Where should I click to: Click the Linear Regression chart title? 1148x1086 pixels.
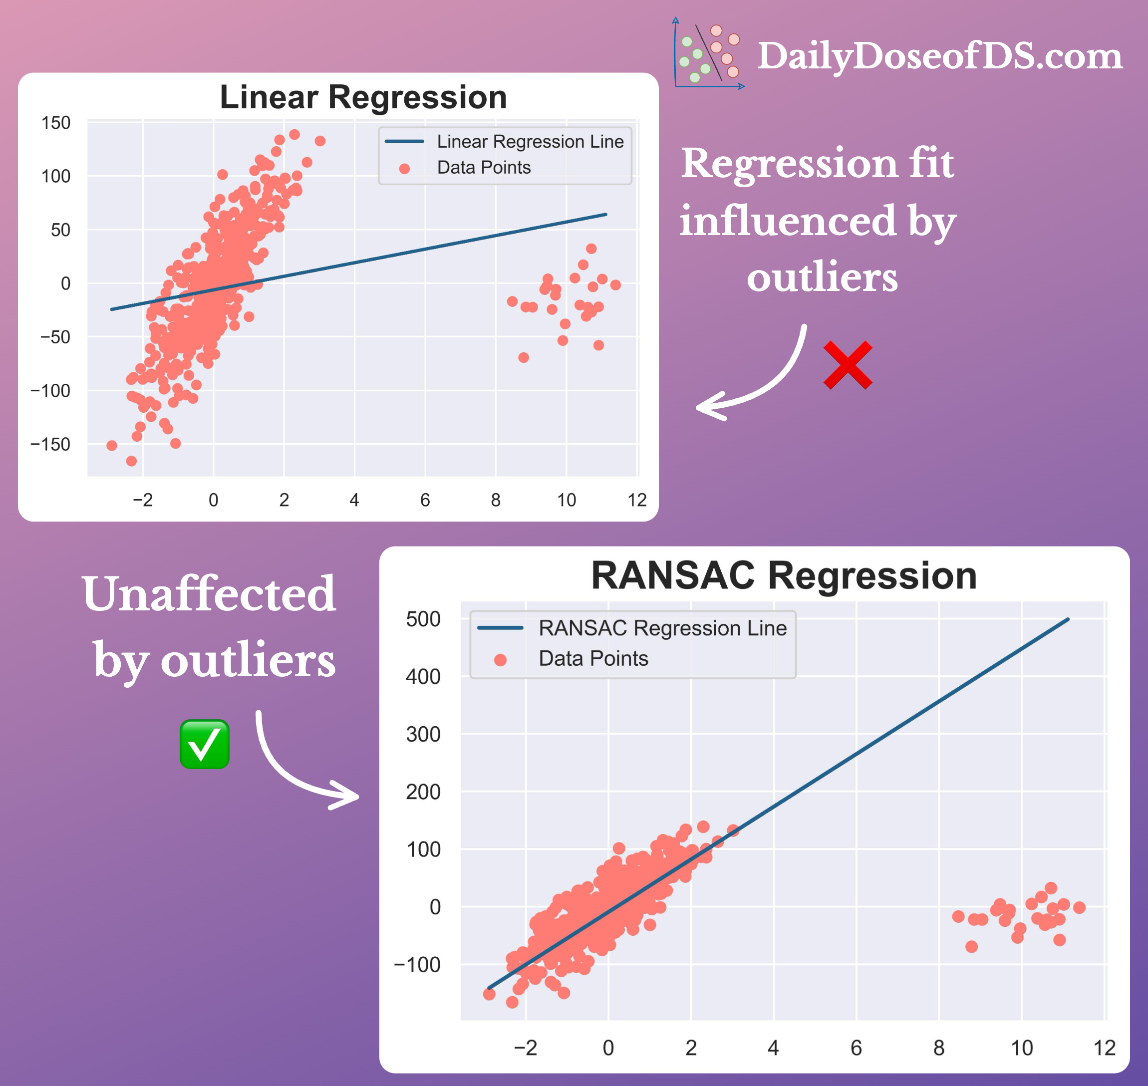point(363,97)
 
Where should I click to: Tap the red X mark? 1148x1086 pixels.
point(848,365)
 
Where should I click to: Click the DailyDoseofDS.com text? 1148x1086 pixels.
point(939,56)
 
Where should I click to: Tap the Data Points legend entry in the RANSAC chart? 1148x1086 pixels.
point(593,658)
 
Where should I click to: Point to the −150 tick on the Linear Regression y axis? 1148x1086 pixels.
point(50,444)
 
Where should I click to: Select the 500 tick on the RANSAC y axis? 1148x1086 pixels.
point(423,619)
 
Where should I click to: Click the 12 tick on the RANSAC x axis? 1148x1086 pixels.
point(1104,1047)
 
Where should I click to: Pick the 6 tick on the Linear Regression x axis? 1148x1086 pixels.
point(425,500)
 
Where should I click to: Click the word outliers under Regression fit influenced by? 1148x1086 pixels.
point(822,277)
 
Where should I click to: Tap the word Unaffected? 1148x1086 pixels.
point(209,594)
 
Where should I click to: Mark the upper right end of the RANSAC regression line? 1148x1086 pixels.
point(1067,620)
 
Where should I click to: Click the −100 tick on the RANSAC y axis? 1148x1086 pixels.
point(417,964)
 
